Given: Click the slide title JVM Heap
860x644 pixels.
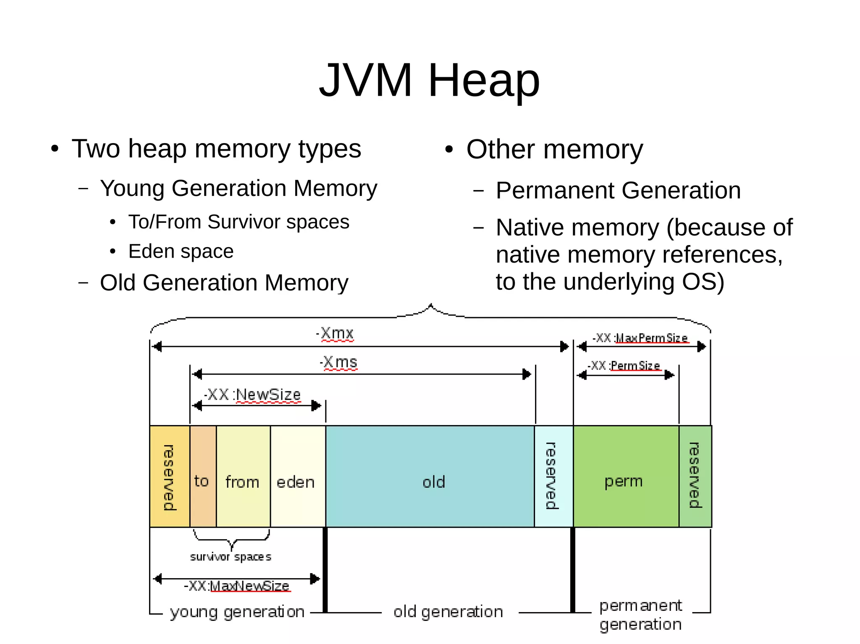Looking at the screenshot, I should [x=429, y=80].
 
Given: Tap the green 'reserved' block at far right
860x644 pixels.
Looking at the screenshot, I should [x=695, y=476].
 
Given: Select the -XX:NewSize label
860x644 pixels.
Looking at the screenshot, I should [x=252, y=394].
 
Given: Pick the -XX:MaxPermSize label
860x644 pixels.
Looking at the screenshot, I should [x=640, y=338].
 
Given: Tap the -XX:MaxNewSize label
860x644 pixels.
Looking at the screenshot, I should [x=237, y=586].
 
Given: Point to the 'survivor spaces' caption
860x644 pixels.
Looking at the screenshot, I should [x=231, y=557].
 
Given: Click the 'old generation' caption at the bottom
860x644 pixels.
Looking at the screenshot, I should [x=448, y=612].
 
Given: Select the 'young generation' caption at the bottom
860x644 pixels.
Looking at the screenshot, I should [x=237, y=612].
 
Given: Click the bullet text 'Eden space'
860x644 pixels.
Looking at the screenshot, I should [x=181, y=251].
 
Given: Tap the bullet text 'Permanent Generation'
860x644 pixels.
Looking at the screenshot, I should [x=618, y=190].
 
